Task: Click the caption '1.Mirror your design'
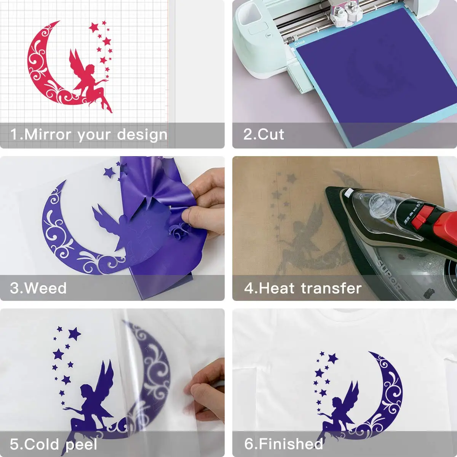click(89, 135)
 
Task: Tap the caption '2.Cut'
click(264, 135)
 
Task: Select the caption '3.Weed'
click(38, 288)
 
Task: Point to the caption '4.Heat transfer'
click(303, 288)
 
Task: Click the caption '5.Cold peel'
click(54, 444)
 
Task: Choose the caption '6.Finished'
click(284, 444)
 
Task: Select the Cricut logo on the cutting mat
click(300, 43)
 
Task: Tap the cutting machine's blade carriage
click(345, 13)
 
